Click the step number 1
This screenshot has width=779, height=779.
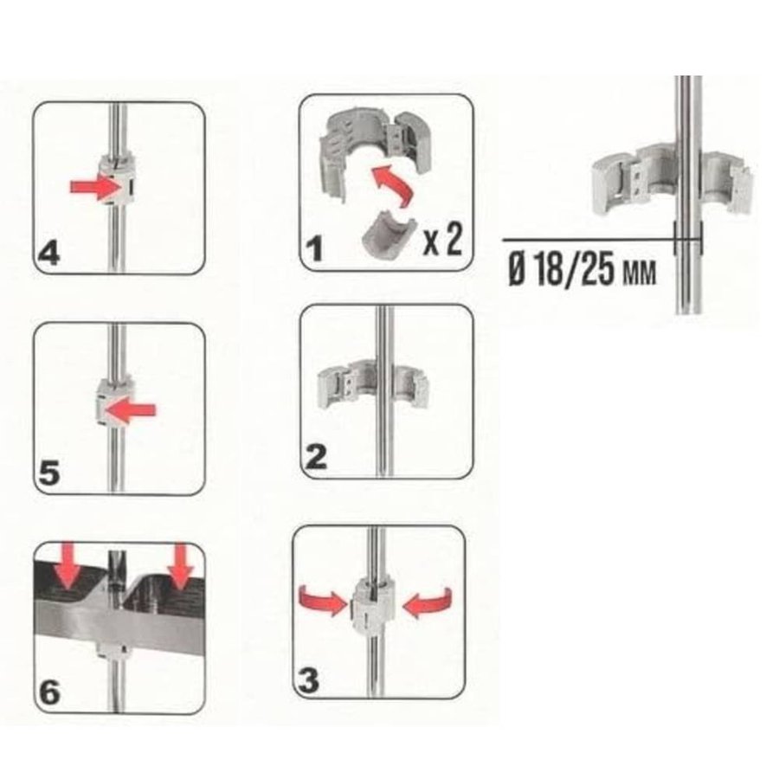point(314,248)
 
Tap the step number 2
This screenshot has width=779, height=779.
point(317,457)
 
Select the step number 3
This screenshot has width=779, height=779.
point(308,680)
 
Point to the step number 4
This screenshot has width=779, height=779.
point(49,254)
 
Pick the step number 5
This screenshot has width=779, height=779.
point(48,473)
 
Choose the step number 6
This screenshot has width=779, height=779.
point(49,692)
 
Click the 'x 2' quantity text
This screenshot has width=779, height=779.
point(442,240)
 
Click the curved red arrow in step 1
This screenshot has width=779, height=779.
point(394,186)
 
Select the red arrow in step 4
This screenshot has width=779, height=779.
point(97,187)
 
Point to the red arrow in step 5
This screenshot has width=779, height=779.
point(130,410)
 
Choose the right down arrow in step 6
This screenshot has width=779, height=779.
point(180,566)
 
